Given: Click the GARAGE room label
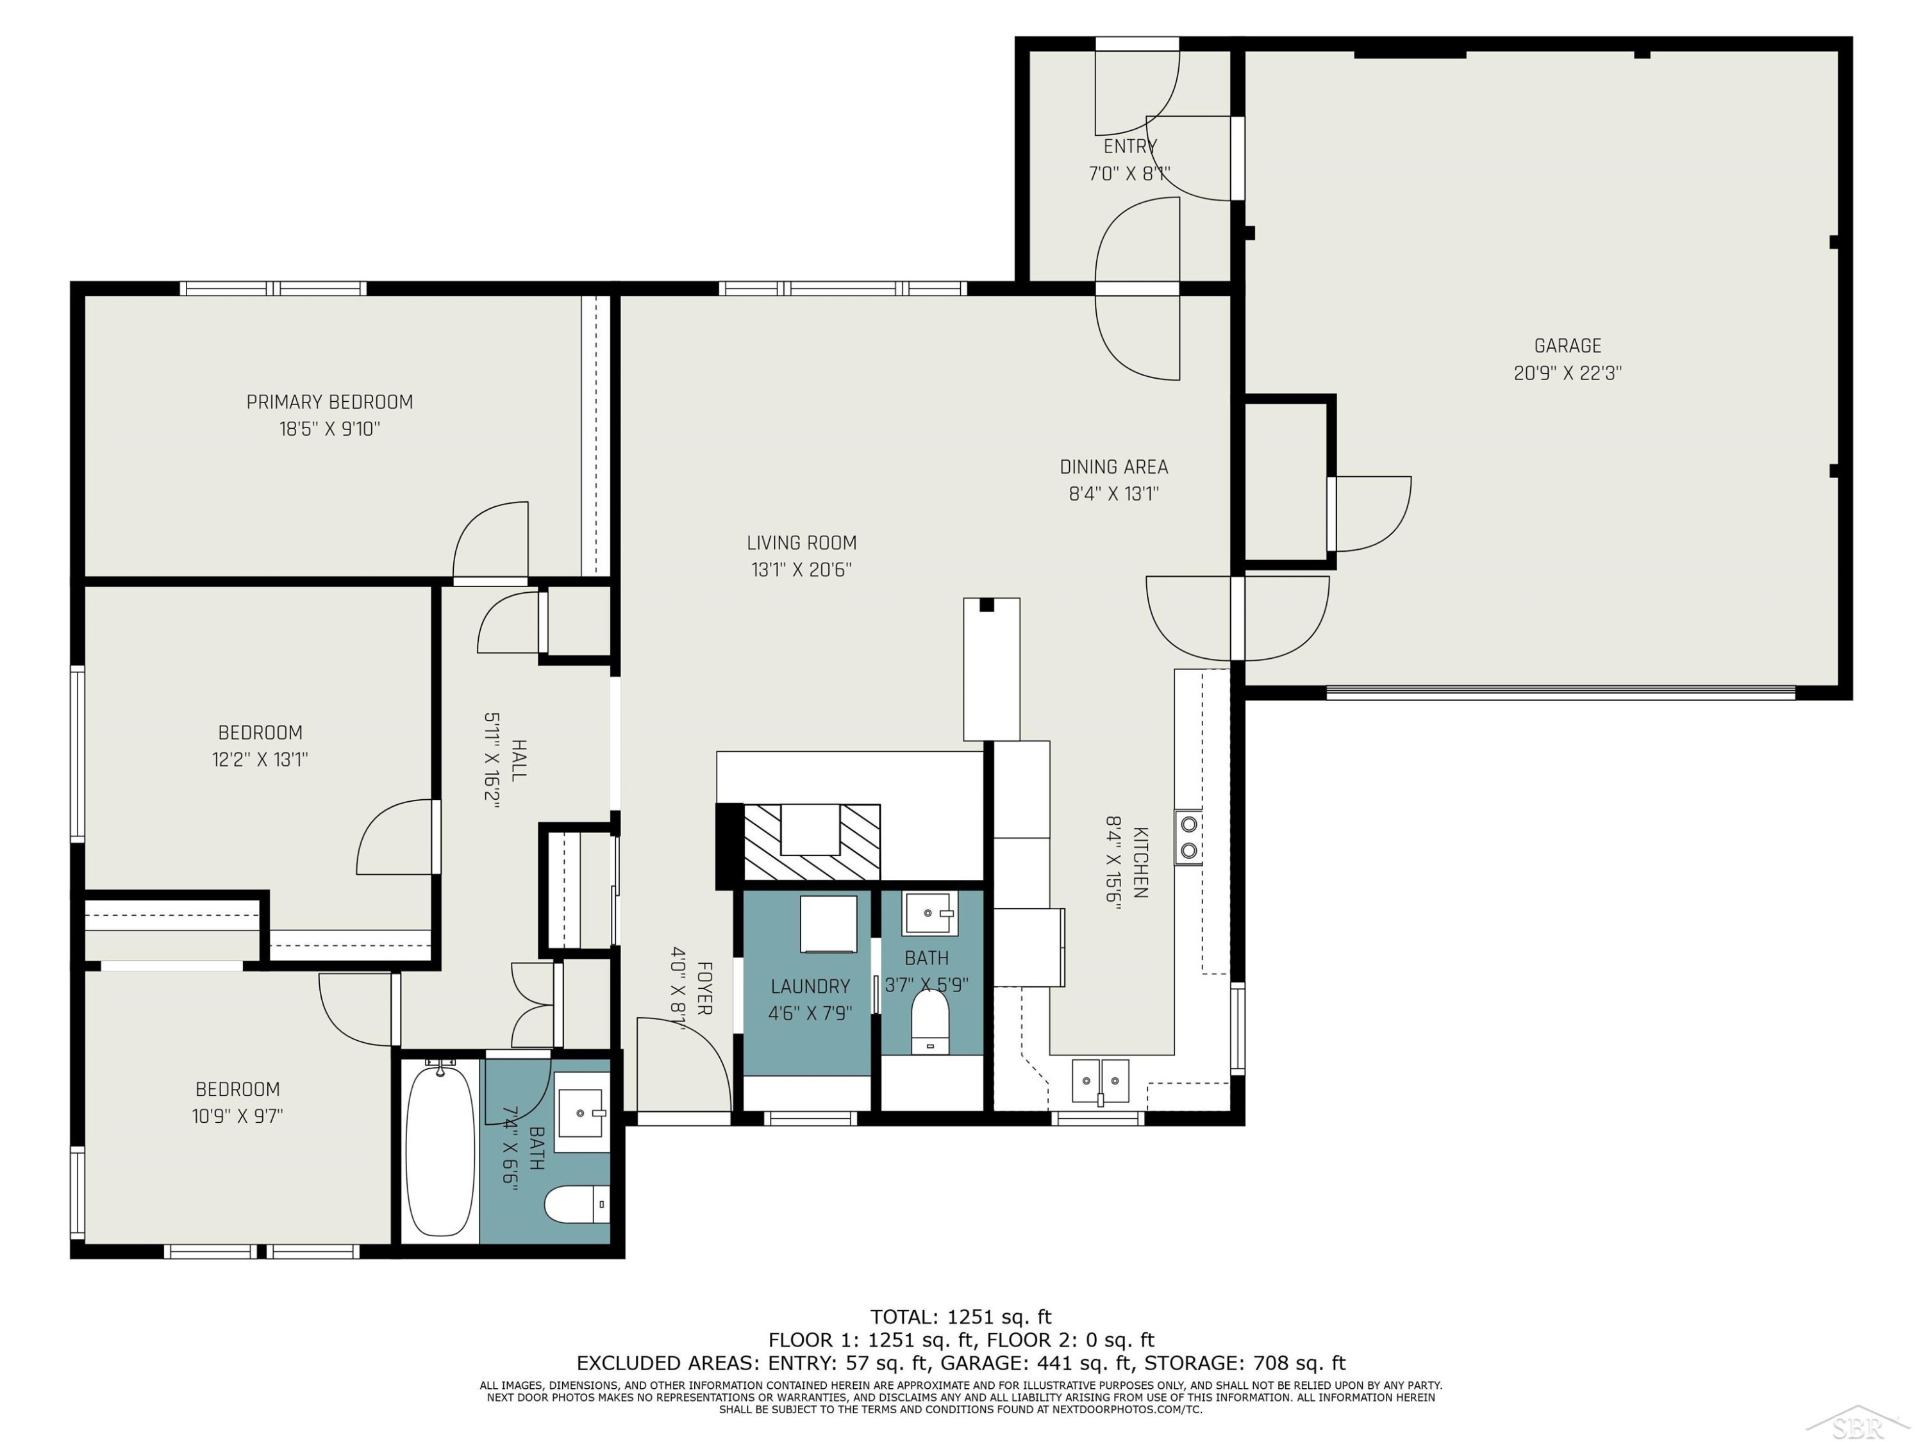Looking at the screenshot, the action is tap(1567, 346).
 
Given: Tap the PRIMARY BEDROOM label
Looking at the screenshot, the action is tap(329, 402).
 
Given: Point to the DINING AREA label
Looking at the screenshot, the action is tap(1113, 467).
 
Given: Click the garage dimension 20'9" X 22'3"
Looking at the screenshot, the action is tap(1567, 373).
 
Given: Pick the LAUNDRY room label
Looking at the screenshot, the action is tap(810, 986).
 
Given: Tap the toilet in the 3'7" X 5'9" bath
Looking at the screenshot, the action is tap(929, 1022).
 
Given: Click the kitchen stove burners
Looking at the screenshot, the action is tap(1188, 837).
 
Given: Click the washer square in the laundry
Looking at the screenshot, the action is tap(828, 925).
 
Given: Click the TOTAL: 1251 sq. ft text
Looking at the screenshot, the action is tap(961, 1317).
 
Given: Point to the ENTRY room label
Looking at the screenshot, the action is tap(1130, 146).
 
